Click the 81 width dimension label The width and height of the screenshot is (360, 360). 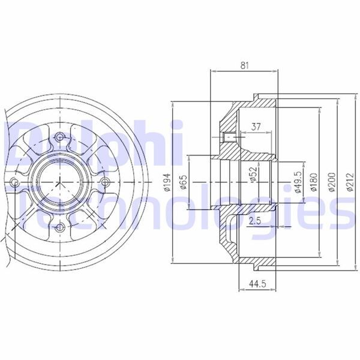click(244, 65)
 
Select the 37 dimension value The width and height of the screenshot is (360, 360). click(256, 127)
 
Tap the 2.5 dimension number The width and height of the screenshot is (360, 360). click(255, 221)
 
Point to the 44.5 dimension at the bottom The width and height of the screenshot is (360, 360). click(257, 284)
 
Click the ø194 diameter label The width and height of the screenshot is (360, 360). click(167, 182)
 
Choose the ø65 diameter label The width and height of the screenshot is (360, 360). click(184, 182)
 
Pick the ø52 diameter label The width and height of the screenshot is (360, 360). click(253, 175)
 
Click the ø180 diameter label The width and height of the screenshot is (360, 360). click(313, 182)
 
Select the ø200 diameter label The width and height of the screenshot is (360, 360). click(332, 182)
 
